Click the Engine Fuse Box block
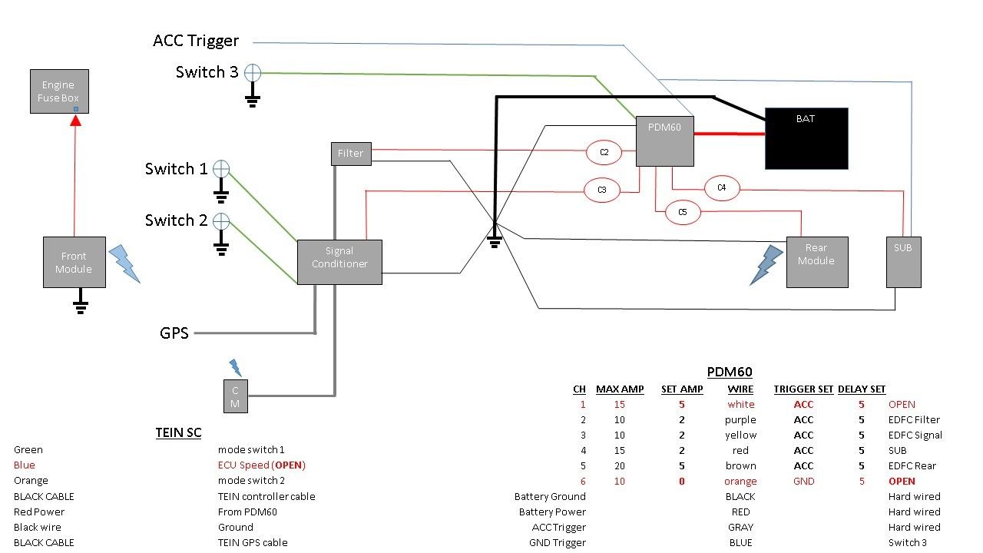tap(59, 91)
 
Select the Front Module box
tap(74, 262)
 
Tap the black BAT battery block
tap(806, 138)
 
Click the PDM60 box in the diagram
tap(664, 141)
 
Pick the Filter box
tap(351, 153)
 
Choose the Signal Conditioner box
tap(339, 262)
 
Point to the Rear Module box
tap(816, 261)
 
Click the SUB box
tap(902, 262)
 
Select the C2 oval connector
tap(604, 152)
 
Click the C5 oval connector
tap(683, 212)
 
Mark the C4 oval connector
tap(722, 187)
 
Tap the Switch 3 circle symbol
tap(253, 73)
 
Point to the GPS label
tap(174, 333)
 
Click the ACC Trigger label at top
tap(196, 41)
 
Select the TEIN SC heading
tap(178, 433)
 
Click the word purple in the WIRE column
tap(740, 420)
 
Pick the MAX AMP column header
tap(620, 389)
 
